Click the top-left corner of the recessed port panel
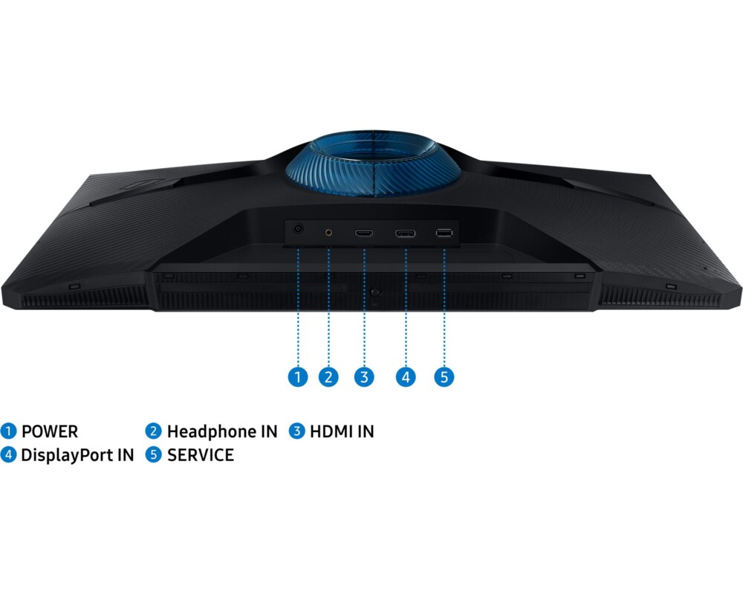[x=285, y=219]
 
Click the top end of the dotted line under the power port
[x=298, y=248]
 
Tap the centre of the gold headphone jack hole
[x=328, y=233]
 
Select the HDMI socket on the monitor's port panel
[x=364, y=233]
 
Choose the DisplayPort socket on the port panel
[x=405, y=233]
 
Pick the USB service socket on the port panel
[x=444, y=233]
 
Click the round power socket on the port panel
[x=298, y=229]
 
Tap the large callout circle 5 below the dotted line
[x=444, y=377]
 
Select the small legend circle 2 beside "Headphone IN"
[x=153, y=431]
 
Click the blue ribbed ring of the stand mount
[x=373, y=164]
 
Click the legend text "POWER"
[x=50, y=431]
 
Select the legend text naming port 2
[x=222, y=431]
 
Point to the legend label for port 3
[x=342, y=431]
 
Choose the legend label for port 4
[x=78, y=455]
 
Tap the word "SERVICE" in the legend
[x=201, y=455]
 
